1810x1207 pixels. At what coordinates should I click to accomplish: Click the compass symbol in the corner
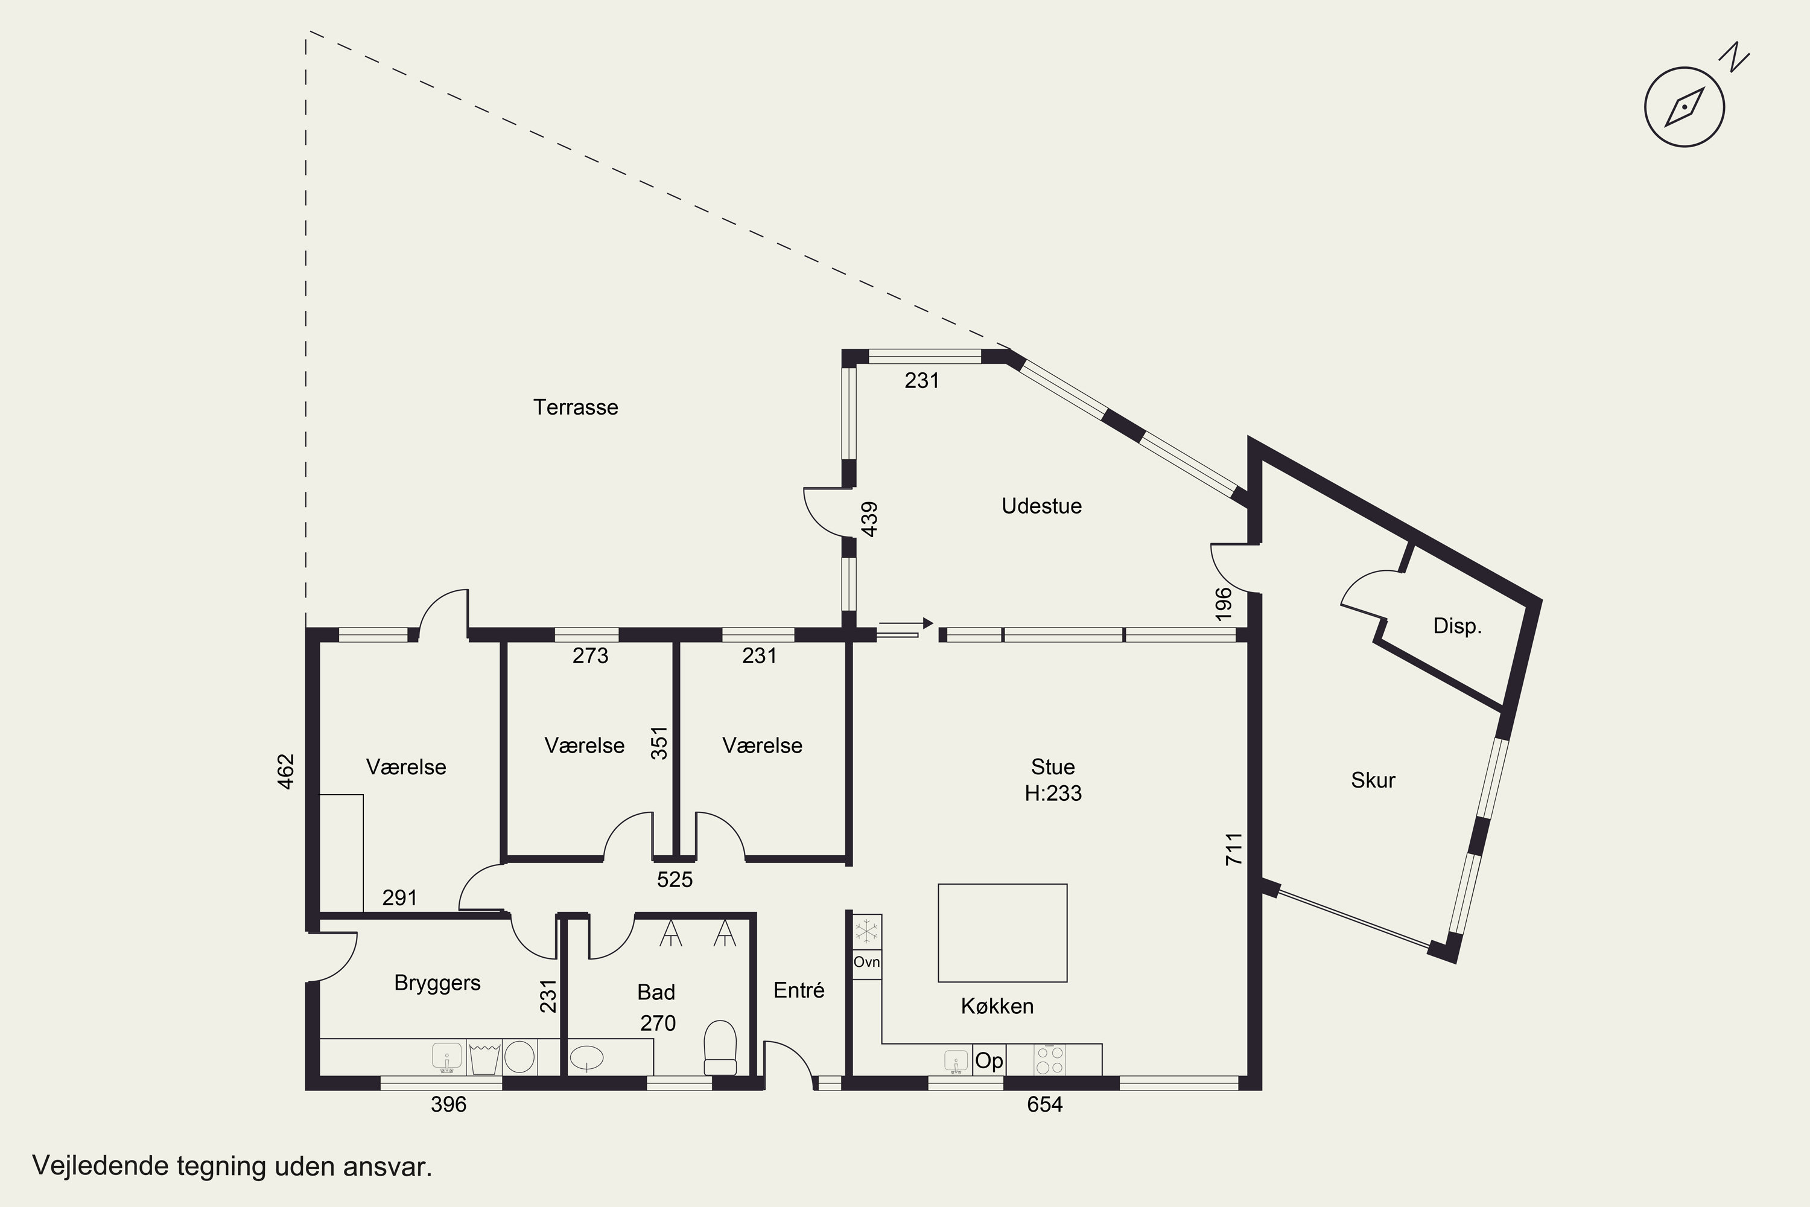point(1685,106)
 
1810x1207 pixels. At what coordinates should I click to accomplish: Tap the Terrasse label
point(576,407)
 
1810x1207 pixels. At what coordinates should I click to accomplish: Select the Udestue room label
point(1041,506)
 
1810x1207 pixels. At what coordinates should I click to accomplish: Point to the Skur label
point(1373,780)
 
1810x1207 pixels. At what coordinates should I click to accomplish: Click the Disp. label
point(1457,626)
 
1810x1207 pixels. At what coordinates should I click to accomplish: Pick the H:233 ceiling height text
point(1053,793)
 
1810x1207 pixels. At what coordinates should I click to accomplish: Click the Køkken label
point(997,1006)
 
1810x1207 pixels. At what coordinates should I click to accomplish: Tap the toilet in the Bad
point(720,1048)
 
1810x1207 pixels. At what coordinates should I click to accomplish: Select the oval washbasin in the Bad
point(586,1058)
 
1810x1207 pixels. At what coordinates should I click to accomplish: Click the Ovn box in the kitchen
point(866,962)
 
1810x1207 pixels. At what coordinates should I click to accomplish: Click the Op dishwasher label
point(989,1061)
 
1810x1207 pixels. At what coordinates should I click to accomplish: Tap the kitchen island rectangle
point(1002,933)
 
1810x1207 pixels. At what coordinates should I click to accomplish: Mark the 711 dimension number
point(1234,849)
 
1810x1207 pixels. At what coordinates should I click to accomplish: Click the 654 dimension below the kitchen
point(1044,1104)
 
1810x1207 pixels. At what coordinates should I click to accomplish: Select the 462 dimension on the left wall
point(285,771)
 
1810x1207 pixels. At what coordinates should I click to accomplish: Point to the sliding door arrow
point(906,623)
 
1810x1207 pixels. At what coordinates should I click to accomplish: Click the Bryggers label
point(437,983)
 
